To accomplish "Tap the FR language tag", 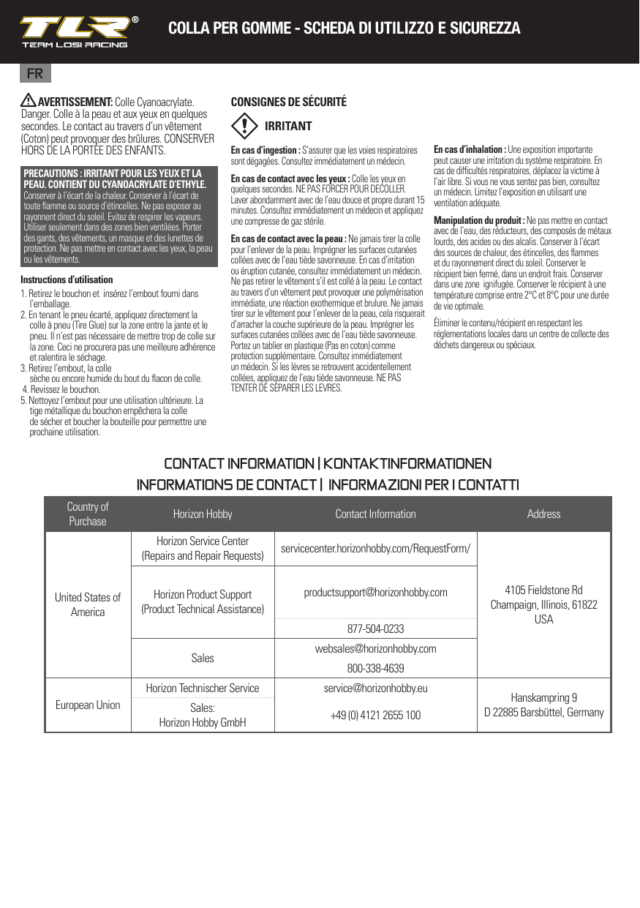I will [x=34, y=74].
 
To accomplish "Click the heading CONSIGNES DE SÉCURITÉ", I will [x=288, y=102].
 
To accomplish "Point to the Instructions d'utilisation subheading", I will [x=67, y=279].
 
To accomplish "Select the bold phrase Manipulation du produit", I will [x=479, y=220].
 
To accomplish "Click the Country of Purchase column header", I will [x=88, y=514].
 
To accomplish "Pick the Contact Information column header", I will [x=375, y=514].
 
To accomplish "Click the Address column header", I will [x=543, y=514].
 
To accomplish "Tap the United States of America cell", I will [x=88, y=604].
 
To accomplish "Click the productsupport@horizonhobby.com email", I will [x=375, y=592].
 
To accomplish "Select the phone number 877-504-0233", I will [x=375, y=629].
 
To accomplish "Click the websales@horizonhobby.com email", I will [x=375, y=649].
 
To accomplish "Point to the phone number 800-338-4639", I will [x=375, y=668].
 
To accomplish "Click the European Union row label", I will [x=88, y=705].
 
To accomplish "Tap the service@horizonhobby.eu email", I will [x=375, y=688].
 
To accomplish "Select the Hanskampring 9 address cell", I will [x=543, y=705].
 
